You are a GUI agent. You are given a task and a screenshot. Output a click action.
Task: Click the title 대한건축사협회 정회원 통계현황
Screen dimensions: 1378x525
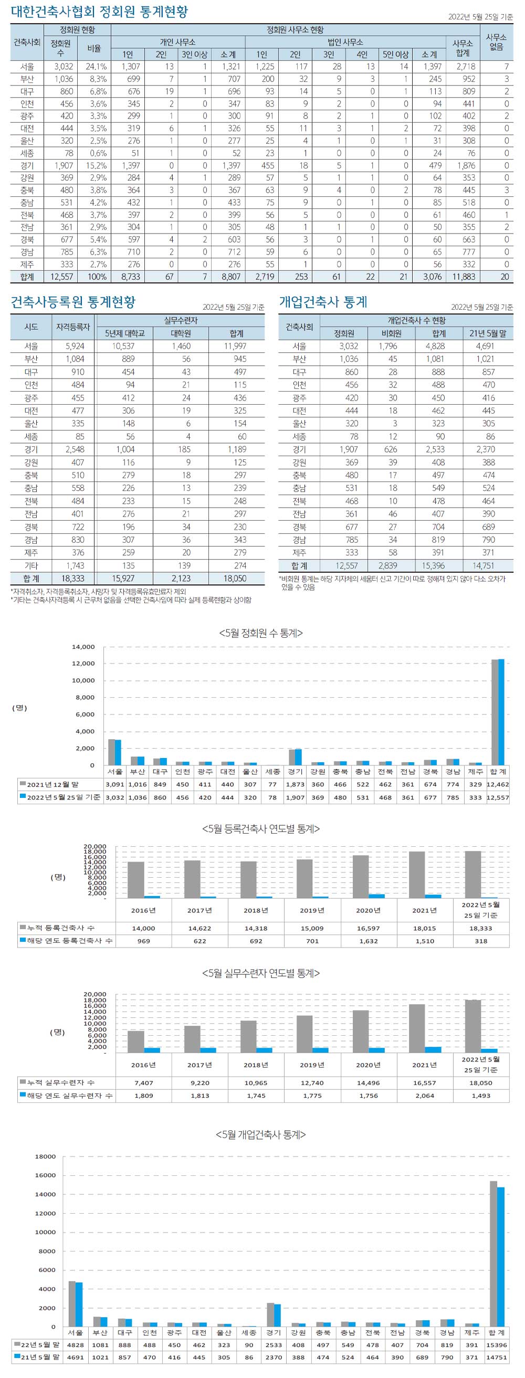[x=99, y=12]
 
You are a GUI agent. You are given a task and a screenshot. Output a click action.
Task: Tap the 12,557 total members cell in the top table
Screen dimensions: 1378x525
[x=61, y=277]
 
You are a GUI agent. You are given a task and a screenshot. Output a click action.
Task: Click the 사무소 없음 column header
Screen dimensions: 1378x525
[x=496, y=41]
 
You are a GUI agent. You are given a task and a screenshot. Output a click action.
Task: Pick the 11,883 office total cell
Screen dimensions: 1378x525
[x=463, y=277]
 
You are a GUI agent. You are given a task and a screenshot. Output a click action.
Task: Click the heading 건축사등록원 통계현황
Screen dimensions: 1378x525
[x=73, y=302]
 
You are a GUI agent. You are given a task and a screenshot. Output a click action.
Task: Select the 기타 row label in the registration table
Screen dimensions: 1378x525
[x=31, y=565]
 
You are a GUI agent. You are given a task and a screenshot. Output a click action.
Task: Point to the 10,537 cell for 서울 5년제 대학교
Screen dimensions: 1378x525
[x=123, y=346]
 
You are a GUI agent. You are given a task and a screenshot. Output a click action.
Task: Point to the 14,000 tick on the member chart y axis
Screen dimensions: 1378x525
[x=83, y=647]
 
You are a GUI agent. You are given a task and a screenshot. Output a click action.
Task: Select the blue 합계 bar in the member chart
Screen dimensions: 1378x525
[x=501, y=712]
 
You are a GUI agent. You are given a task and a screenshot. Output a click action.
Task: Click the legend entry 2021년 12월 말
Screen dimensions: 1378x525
[x=52, y=784]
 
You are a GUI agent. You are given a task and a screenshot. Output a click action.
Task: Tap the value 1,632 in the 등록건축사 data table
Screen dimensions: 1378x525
[x=368, y=941]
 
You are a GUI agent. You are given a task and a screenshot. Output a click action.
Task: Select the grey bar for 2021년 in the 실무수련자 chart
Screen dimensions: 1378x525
[x=417, y=1028]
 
